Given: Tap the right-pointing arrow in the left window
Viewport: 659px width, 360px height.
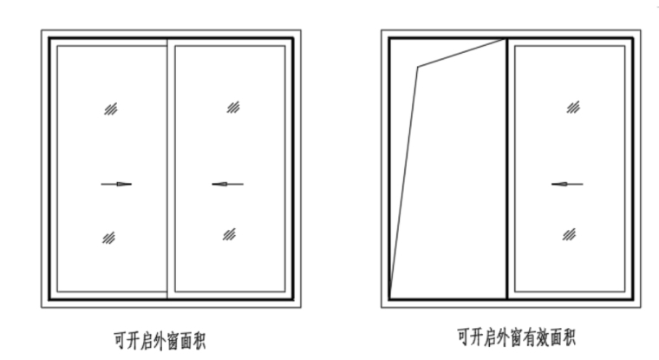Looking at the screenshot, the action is [x=116, y=184].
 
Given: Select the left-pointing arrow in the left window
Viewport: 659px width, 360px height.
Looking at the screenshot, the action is [x=227, y=184].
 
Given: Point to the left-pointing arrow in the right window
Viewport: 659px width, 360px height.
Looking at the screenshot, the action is [x=567, y=184].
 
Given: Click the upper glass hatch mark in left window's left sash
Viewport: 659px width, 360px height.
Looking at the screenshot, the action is [x=111, y=108].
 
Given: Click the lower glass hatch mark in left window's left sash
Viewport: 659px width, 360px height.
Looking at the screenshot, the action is [x=108, y=238].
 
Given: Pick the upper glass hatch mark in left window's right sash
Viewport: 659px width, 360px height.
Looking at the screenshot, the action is [x=233, y=107].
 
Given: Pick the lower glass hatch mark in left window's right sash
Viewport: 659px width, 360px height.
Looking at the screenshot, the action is [x=230, y=233].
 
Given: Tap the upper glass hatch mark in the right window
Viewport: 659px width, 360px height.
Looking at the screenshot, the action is [x=573, y=107].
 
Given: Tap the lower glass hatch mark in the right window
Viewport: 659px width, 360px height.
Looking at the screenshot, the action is [x=570, y=233].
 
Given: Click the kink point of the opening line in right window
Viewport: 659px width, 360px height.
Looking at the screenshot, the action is [x=418, y=67].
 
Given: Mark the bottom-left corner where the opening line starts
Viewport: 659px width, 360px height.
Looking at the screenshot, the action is [x=389, y=298].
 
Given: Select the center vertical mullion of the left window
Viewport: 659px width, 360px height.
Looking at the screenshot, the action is [x=167, y=169].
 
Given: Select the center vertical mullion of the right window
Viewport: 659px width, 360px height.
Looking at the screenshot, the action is [x=506, y=169].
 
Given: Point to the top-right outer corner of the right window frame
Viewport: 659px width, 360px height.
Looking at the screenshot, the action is [x=640, y=30].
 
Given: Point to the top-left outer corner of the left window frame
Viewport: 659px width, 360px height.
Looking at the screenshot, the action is [x=42, y=30].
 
